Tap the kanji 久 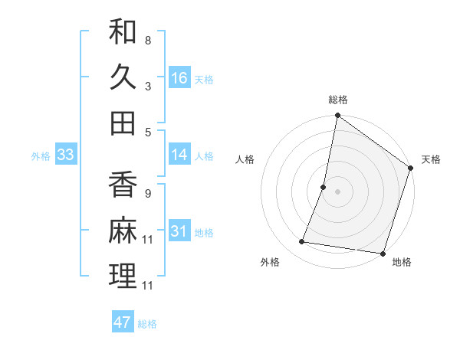click(123, 77)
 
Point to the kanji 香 click(123, 187)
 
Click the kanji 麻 click(123, 231)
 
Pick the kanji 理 click(123, 275)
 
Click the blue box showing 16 click(179, 78)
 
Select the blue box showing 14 click(179, 155)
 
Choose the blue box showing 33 click(66, 155)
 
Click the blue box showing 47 click(123, 322)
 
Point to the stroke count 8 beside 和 click(147, 40)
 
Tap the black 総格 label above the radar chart click(338, 100)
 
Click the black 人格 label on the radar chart click(245, 159)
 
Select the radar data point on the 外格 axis click(302, 242)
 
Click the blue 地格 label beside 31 click(204, 233)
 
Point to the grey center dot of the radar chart click(337, 191)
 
